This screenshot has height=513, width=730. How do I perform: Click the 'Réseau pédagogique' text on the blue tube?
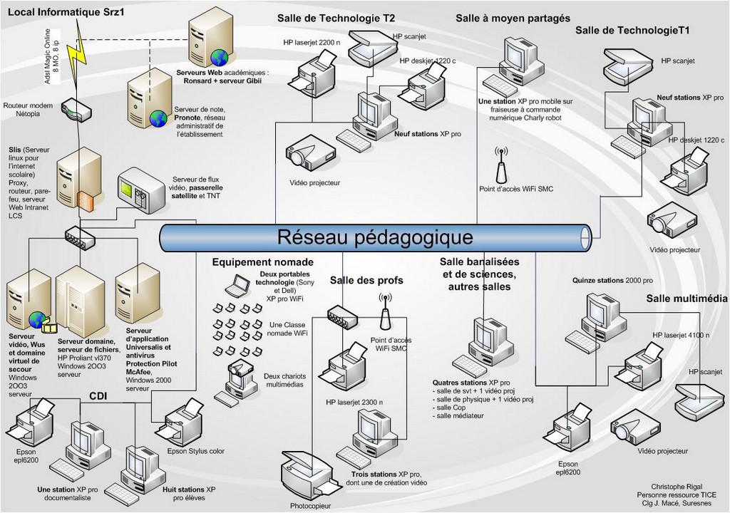pyautogui.click(x=374, y=236)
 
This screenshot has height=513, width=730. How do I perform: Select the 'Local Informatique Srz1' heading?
pyautogui.click(x=66, y=11)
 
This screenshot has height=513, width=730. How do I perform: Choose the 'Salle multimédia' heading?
pyautogui.click(x=687, y=299)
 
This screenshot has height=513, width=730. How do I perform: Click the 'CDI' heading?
pyautogui.click(x=98, y=396)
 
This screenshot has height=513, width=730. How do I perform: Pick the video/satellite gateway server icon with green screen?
pyautogui.click(x=140, y=190)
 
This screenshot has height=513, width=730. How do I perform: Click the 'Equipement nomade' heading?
pyautogui.click(x=252, y=262)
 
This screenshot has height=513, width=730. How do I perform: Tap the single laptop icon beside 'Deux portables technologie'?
pyautogui.click(x=236, y=286)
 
